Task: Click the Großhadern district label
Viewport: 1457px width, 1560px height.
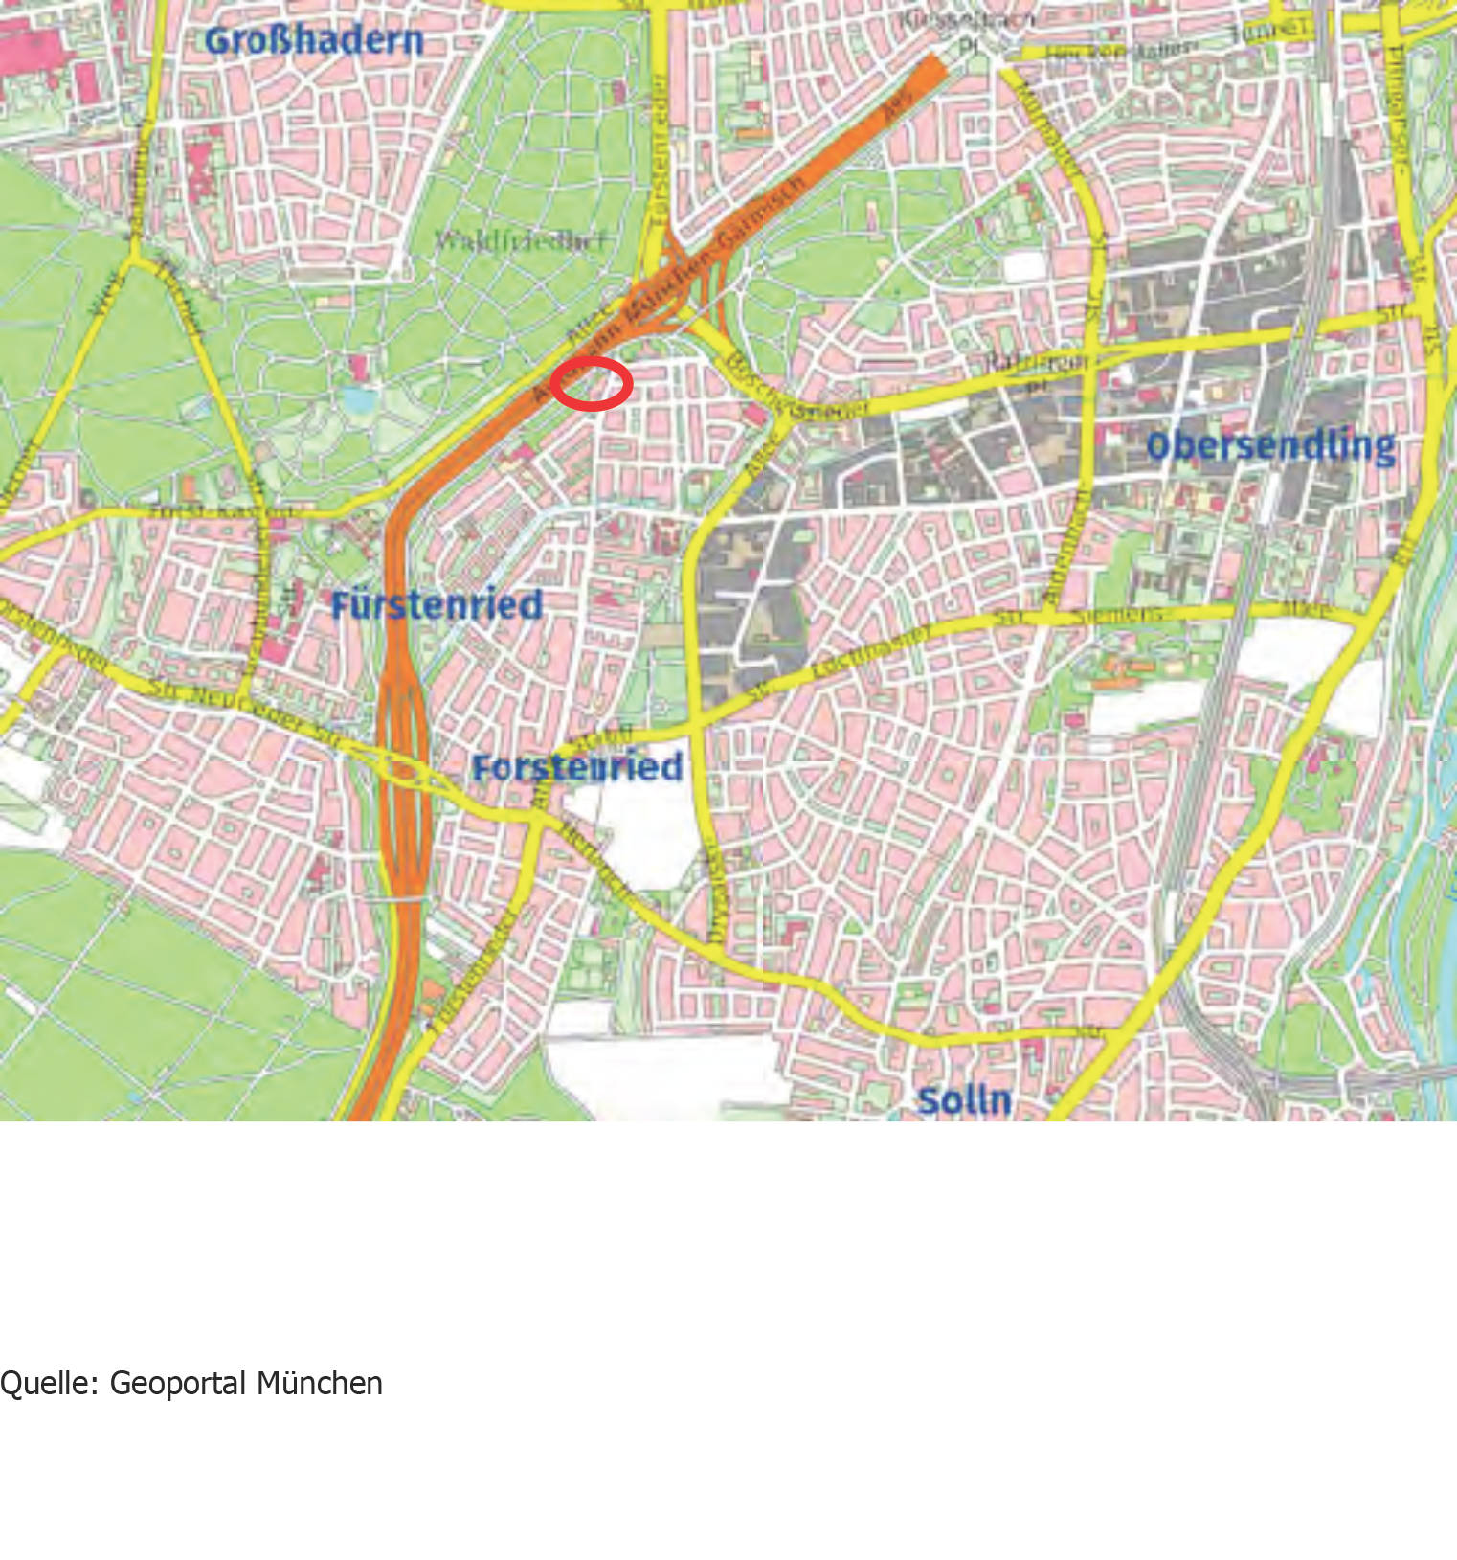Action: coord(314,40)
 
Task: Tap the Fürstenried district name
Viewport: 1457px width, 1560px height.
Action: coord(437,605)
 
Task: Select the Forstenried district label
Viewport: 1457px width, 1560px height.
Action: coord(577,767)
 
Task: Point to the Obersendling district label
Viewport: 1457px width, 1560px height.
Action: coord(1270,445)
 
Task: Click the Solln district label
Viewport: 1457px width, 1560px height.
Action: coord(964,1099)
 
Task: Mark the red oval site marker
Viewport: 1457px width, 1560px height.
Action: coord(592,383)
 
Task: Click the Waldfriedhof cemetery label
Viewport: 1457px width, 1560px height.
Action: coord(520,239)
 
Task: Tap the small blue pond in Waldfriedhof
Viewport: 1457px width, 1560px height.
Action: coord(359,399)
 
